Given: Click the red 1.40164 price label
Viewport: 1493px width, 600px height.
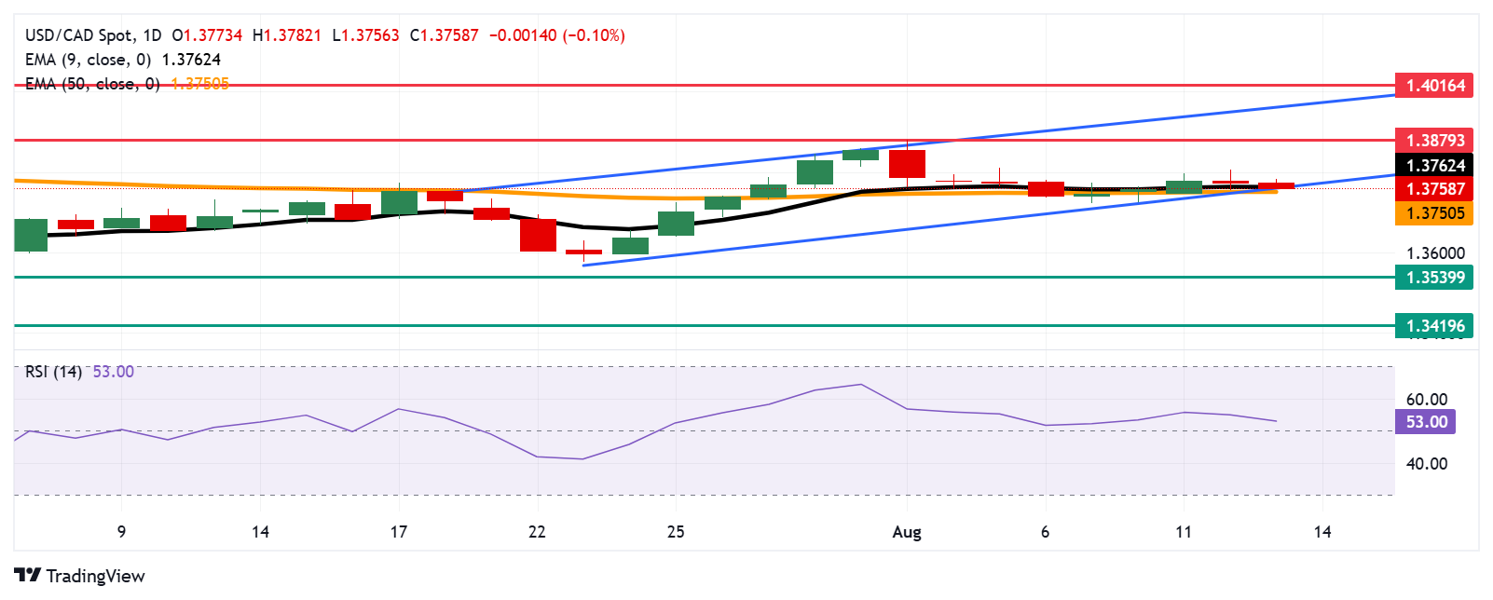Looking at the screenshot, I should tap(1434, 86).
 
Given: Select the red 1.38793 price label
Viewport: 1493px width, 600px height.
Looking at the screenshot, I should tap(1434, 141).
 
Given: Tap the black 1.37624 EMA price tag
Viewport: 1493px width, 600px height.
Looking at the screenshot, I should tap(1434, 166).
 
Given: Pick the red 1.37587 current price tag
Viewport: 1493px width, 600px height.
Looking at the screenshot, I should tap(1434, 189).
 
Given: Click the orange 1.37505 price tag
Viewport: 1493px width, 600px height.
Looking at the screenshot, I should tap(1434, 213).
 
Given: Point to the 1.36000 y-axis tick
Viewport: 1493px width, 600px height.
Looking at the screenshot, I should tap(1434, 253).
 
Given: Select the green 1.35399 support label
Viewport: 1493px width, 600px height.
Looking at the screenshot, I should tap(1434, 278).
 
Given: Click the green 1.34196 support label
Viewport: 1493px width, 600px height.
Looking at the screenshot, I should tap(1434, 326).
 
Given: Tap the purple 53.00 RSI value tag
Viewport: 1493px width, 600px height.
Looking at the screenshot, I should tap(1426, 422).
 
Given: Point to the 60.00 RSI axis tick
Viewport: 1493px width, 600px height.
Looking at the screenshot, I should tap(1426, 400).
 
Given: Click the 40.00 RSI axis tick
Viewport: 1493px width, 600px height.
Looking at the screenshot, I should tap(1426, 464).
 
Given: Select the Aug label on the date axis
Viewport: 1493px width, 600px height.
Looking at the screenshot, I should tap(907, 532).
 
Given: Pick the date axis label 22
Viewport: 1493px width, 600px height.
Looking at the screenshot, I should tap(537, 532).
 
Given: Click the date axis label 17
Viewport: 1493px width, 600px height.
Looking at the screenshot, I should tap(399, 532).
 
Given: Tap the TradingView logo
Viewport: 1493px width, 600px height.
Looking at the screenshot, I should tap(80, 576).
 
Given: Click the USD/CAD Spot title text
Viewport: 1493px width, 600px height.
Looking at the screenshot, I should tap(79, 35).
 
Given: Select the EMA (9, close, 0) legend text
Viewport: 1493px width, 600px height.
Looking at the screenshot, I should tap(89, 60).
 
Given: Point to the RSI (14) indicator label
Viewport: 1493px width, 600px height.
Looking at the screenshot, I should tap(54, 372).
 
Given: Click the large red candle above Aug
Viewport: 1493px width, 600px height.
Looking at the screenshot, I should tap(907, 164).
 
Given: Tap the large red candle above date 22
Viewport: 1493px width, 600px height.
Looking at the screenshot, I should tap(538, 235).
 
